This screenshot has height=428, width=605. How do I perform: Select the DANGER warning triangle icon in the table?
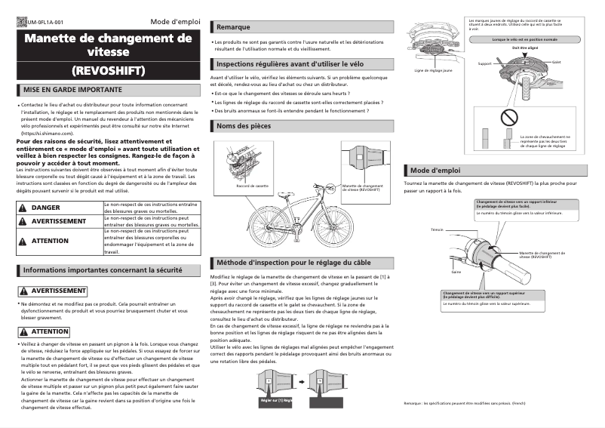coord(23,207)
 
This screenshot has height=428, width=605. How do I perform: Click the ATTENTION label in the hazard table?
coord(50,241)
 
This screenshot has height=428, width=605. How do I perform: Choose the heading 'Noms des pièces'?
coord(243,126)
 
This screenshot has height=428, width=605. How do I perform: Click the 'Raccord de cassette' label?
coord(252,186)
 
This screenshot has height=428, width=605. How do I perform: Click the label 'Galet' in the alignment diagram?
coord(555,62)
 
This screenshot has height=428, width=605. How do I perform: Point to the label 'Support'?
coord(484,64)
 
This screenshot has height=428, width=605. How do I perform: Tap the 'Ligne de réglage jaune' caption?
coord(433,71)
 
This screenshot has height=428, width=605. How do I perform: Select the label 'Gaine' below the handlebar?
coord(456,271)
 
